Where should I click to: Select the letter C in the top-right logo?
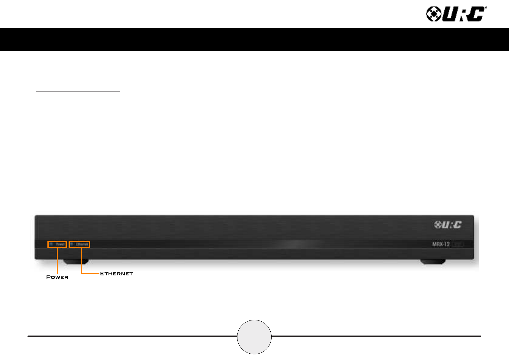[x=477, y=14]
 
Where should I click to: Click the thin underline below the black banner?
[x=78, y=91]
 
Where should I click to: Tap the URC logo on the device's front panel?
[x=448, y=225]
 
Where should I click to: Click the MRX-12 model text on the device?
[x=441, y=244]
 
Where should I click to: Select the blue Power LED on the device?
[x=51, y=244]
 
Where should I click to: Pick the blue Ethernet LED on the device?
[x=72, y=244]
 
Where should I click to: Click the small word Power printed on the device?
[x=60, y=244]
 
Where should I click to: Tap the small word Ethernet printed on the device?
[x=82, y=244]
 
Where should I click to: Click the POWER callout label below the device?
[x=57, y=277]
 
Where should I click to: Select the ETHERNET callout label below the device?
[x=116, y=274]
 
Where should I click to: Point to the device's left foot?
[x=76, y=262]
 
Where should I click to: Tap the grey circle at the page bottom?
[x=254, y=337]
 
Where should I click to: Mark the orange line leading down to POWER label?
[x=57, y=261]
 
